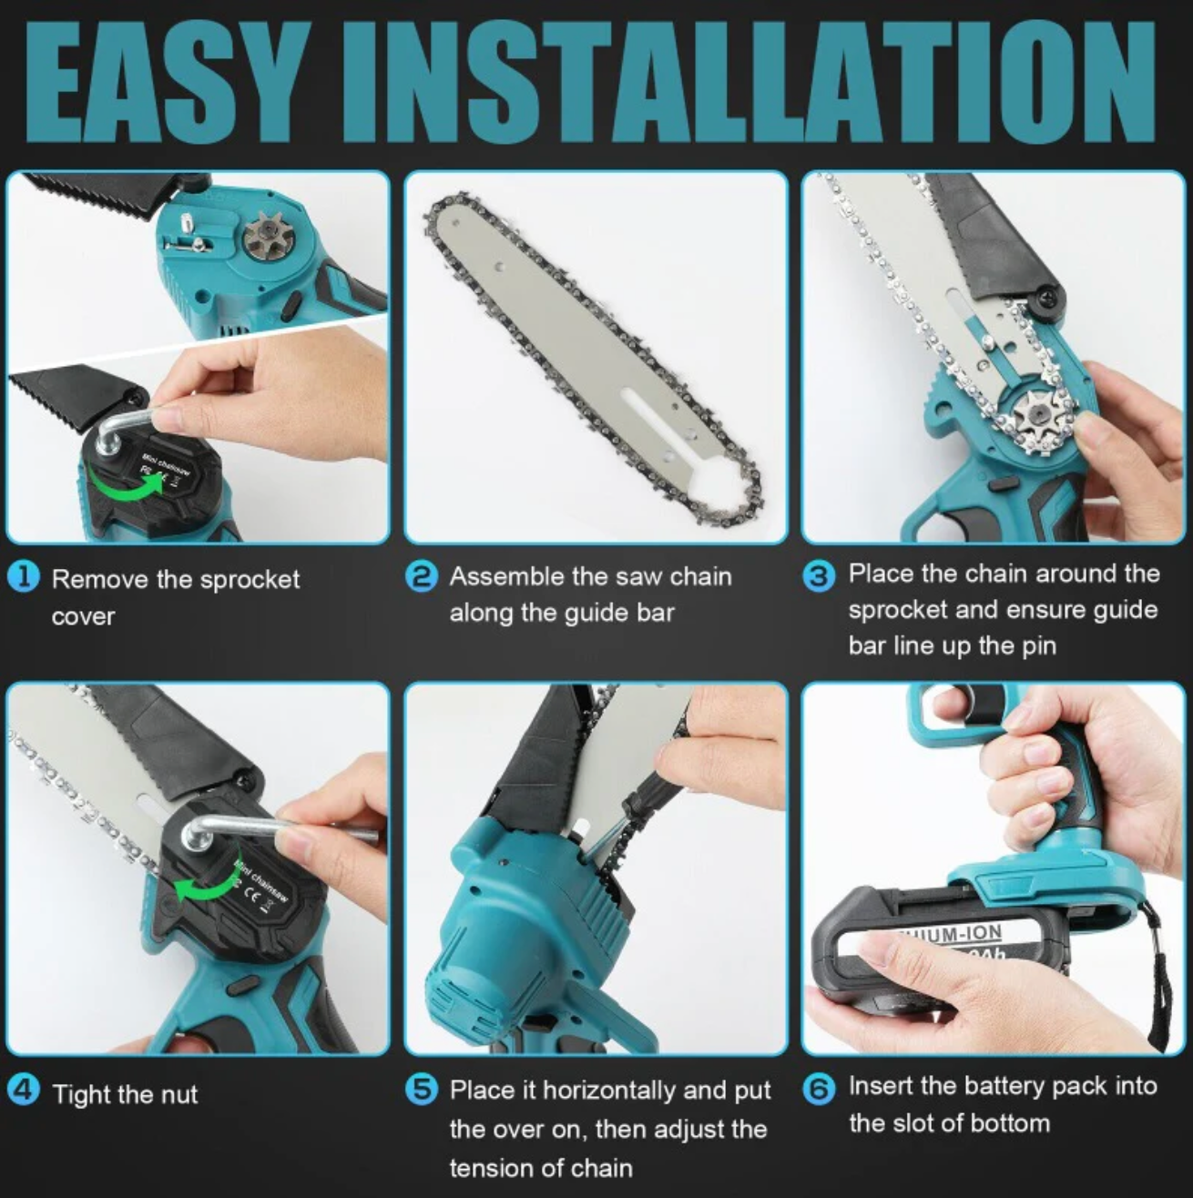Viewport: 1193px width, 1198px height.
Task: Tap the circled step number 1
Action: point(24,577)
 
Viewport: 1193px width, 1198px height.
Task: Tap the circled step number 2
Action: point(422,576)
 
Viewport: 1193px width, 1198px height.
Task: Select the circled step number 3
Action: point(820,575)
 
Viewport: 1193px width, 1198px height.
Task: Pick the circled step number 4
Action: point(24,1091)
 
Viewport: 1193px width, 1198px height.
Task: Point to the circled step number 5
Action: point(422,1089)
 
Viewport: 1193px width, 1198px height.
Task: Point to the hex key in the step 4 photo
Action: point(273,828)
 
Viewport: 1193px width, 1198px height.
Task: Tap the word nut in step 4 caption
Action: point(179,1094)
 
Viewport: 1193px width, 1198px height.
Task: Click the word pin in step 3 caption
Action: point(1038,646)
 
